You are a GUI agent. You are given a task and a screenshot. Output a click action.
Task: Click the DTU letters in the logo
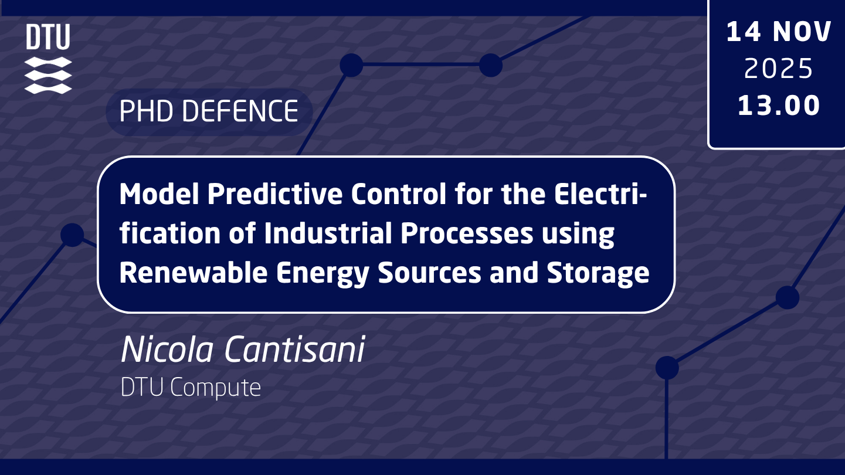point(48,36)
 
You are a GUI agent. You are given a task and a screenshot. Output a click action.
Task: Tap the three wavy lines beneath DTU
point(48,75)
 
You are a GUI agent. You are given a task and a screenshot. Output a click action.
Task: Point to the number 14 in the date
point(744,32)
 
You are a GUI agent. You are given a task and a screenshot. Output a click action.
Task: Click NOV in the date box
point(802,32)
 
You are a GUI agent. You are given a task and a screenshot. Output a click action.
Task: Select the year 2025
point(778,69)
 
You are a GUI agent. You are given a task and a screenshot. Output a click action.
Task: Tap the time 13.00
point(779,106)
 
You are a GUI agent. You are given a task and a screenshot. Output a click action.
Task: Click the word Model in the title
point(159,194)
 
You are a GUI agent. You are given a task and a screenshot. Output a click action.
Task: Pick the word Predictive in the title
point(275,194)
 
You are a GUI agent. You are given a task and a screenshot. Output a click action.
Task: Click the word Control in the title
point(399,194)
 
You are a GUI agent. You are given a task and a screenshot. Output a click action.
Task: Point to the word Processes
point(467,233)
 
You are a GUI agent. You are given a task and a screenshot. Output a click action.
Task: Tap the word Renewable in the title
point(194,273)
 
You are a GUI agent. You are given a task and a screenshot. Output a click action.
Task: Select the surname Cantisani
point(294,350)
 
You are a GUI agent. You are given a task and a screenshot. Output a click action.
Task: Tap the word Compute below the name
point(215,388)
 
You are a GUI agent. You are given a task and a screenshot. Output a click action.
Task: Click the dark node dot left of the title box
point(72,235)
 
